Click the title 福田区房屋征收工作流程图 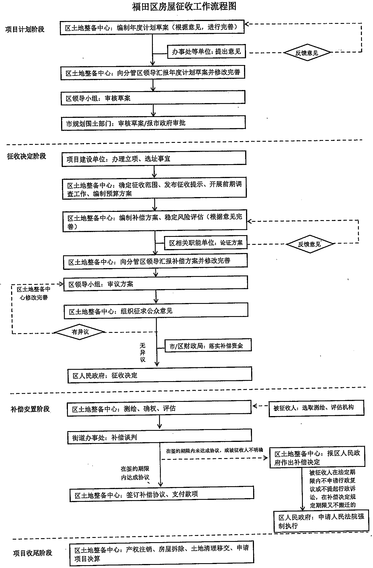click(184, 7)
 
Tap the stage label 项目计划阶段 click(25, 29)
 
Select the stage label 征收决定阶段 click(26, 156)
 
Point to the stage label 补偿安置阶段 click(30, 409)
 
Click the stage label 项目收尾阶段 click(33, 553)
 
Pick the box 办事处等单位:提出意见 click(206, 52)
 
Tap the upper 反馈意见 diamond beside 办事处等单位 click(307, 53)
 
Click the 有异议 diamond click(80, 332)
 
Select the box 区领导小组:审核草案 click(153, 98)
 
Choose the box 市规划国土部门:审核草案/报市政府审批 click(153, 123)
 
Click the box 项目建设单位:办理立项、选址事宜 click(154, 158)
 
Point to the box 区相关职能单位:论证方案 click(206, 243)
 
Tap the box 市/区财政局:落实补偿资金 click(208, 346)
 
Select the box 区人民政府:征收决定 click(160, 375)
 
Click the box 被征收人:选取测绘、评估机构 click(316, 408)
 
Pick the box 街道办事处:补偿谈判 click(159, 437)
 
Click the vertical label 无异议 click(143, 352)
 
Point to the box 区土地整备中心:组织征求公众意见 click(156, 311)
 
